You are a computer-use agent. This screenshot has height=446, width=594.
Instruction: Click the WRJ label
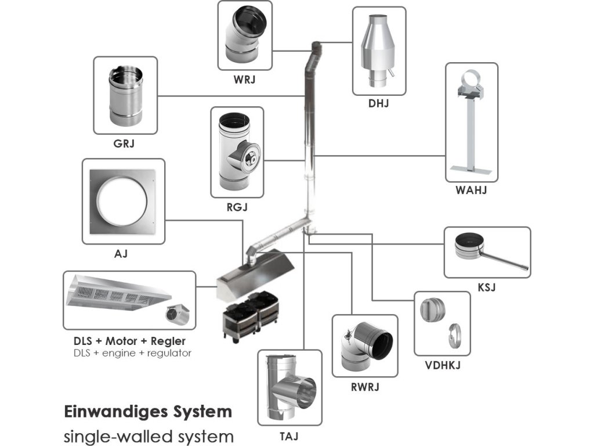[244, 80]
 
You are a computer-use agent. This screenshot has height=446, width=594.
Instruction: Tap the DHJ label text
[378, 103]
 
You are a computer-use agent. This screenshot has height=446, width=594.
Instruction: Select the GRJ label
[124, 144]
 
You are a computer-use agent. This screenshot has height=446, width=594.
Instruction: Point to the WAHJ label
[471, 190]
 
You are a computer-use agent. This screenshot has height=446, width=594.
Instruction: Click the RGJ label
[237, 207]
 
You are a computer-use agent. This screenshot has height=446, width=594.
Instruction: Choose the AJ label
[121, 253]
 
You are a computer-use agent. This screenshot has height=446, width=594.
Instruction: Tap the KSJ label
[487, 287]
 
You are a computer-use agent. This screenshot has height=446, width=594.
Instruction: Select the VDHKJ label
[443, 365]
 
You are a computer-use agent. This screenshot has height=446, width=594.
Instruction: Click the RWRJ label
[365, 387]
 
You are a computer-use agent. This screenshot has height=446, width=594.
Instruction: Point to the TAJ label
[289, 437]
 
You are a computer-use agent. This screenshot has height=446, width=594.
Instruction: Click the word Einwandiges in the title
[115, 412]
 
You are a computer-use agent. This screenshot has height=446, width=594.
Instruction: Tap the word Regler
[168, 341]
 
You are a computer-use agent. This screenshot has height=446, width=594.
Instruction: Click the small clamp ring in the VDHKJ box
[454, 336]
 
